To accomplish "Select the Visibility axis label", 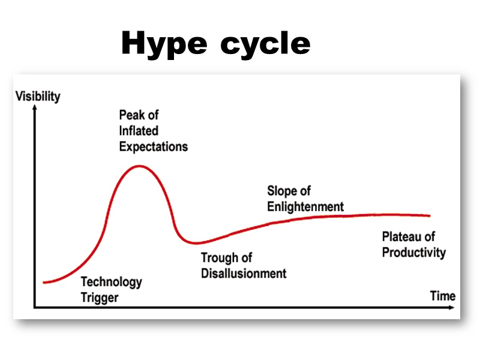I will (x=38, y=96).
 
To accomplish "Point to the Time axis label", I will (x=443, y=296).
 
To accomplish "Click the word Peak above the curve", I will (x=130, y=115).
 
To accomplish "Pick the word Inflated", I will (x=139, y=130).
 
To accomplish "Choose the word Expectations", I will (x=153, y=146).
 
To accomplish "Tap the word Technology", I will (x=111, y=281).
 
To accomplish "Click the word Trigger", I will (x=99, y=297).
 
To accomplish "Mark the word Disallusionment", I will (x=244, y=274).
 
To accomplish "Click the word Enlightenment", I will (x=305, y=206).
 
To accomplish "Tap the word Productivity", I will (x=414, y=252).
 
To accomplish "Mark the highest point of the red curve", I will (x=139, y=166).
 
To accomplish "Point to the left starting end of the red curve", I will (x=44, y=282).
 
